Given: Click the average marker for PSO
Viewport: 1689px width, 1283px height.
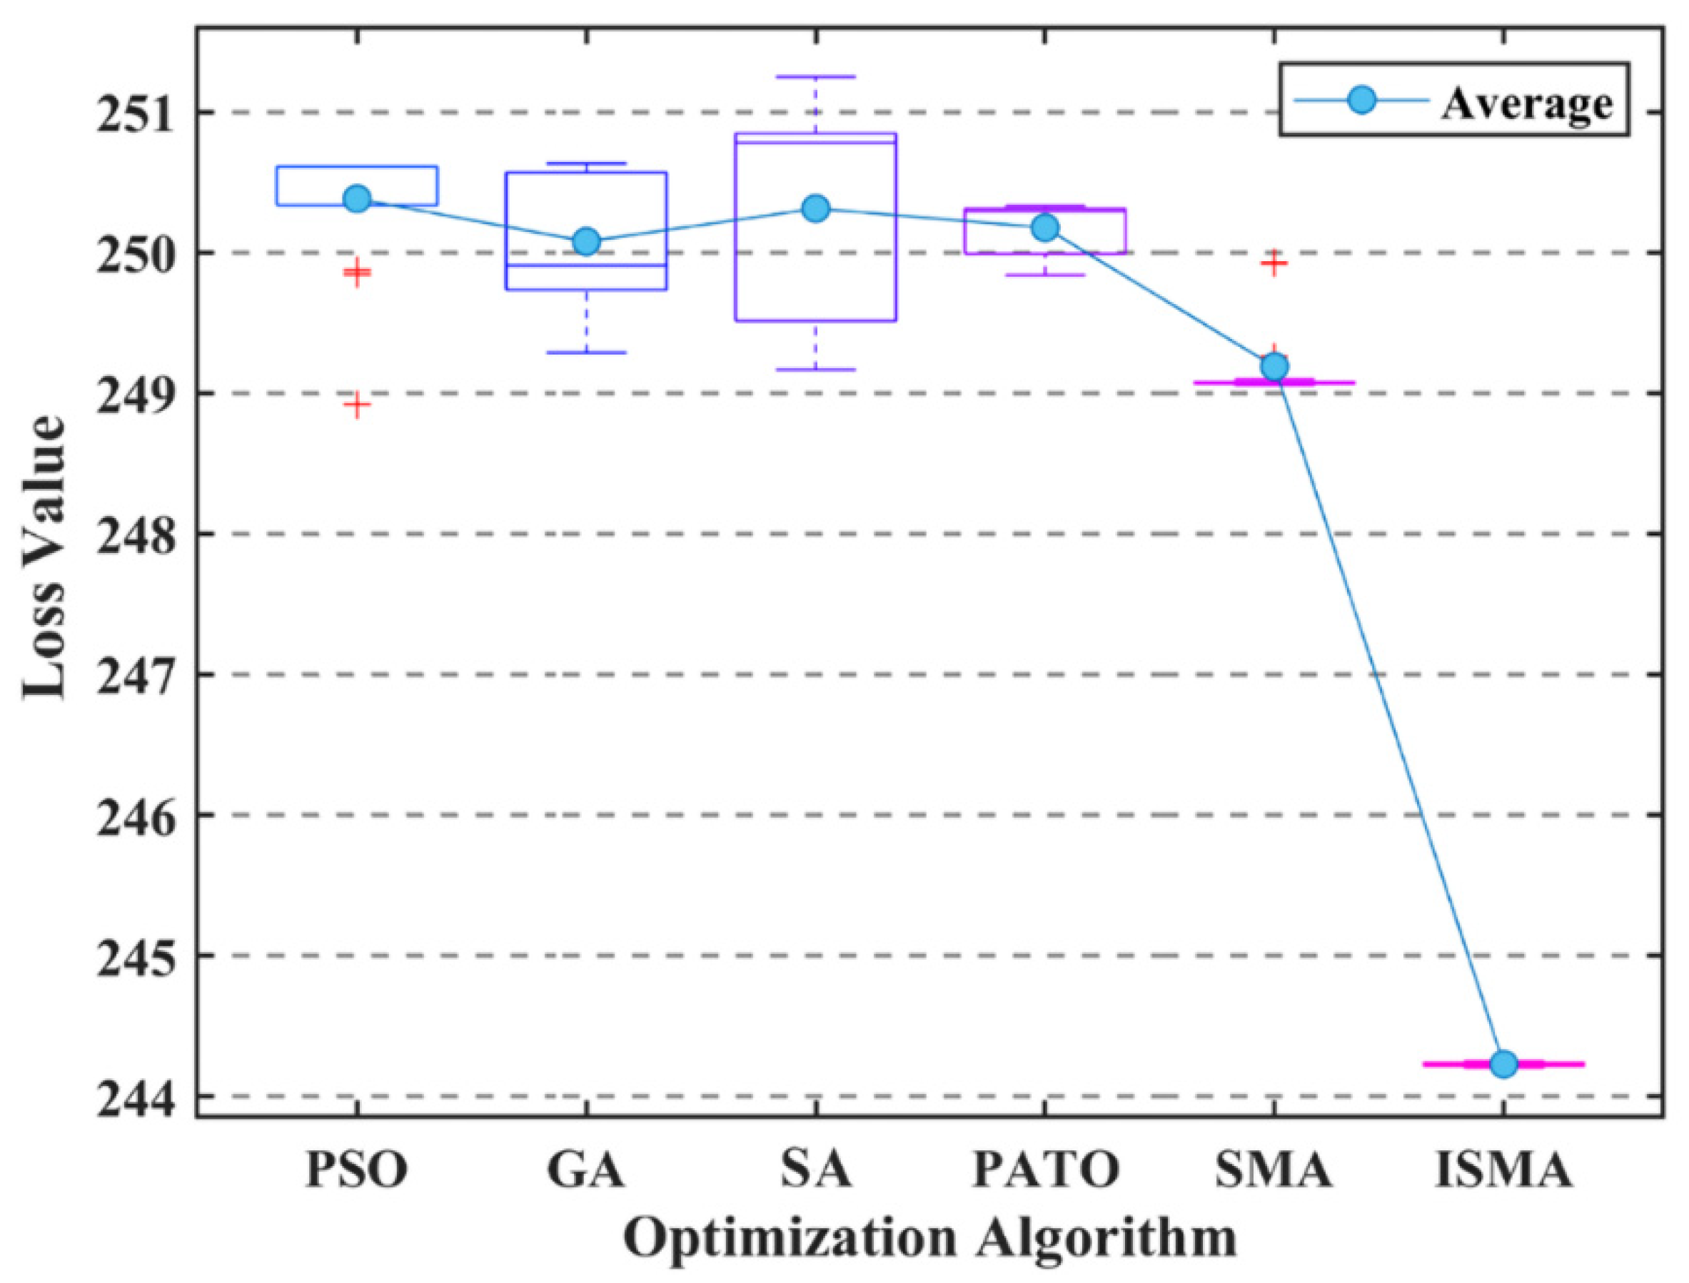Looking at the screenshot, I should tap(357, 198).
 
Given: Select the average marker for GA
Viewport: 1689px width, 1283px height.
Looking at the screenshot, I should tap(586, 241).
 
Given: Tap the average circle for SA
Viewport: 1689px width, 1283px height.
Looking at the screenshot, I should tap(816, 208).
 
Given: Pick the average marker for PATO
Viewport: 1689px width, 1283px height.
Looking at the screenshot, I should tap(1045, 228).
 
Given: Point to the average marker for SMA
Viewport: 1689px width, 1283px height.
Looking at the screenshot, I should tap(1274, 367).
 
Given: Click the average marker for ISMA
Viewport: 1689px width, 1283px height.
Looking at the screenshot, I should tap(1503, 1064).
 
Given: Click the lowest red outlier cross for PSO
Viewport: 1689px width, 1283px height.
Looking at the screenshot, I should tap(357, 405).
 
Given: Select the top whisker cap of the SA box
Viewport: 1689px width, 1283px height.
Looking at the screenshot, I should tap(816, 76).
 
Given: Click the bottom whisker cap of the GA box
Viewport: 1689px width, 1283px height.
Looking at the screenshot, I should tap(586, 353).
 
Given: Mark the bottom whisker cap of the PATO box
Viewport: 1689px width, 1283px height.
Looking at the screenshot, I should tap(1045, 275).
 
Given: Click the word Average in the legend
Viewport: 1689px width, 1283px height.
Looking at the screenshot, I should tap(1526, 101).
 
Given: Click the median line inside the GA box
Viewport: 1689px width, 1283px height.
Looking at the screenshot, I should tap(586, 265).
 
